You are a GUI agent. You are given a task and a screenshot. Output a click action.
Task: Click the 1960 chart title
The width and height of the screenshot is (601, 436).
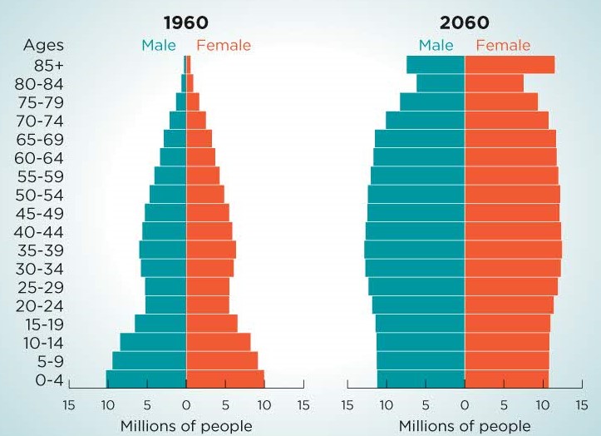185,22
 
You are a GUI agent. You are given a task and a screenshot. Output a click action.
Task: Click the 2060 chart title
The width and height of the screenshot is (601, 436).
464,22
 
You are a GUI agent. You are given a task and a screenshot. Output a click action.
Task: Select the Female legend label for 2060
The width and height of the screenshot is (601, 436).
502,45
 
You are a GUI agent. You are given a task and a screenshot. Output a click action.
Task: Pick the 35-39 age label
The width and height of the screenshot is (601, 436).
39,250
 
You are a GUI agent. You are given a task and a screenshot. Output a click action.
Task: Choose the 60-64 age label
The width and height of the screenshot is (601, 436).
39,157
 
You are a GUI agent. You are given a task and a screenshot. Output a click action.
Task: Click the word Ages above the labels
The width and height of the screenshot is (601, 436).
42,45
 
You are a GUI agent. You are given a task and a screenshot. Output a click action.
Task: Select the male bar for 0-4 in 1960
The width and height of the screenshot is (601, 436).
145,379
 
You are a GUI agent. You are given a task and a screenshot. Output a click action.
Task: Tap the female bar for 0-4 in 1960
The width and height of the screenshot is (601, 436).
224,379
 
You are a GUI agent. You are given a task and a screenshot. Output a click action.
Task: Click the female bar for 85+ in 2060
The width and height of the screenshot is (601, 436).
509,64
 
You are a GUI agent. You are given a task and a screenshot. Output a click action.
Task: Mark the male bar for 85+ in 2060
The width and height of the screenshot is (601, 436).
436,64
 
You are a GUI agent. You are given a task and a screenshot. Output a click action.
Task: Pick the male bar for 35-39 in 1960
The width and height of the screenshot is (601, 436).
163,250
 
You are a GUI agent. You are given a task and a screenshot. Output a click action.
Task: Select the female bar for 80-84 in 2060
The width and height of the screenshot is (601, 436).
494,83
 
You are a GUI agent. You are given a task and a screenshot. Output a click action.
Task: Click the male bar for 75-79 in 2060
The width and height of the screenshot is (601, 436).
432,102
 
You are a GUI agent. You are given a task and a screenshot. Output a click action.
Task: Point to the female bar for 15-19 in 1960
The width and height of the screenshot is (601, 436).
211,324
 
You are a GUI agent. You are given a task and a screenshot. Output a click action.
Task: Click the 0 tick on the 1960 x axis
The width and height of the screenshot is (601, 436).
185,405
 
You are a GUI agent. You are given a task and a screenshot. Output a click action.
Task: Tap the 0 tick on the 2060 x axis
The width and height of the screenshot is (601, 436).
464,405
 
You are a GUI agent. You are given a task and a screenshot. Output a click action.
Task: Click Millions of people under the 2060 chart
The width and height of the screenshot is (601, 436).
464,426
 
